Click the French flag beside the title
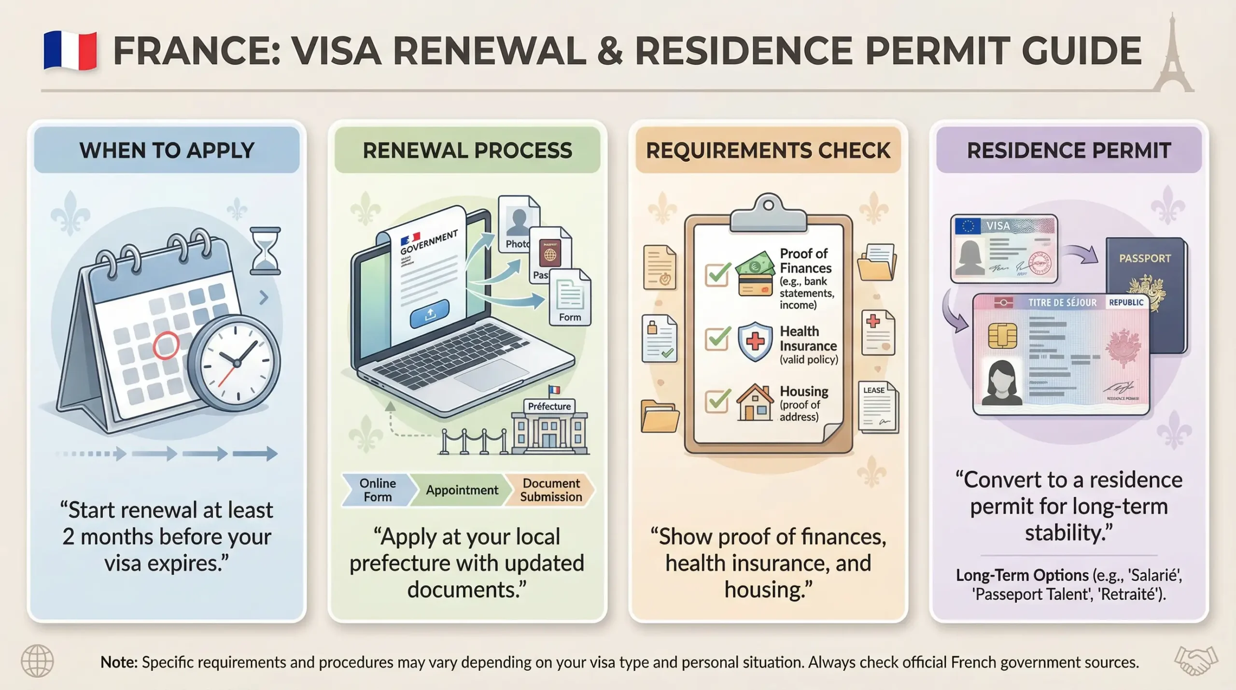pos(70,51)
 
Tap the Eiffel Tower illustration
pos(1172,56)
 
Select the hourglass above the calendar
pos(265,251)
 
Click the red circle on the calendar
pos(166,345)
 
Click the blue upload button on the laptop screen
pos(429,314)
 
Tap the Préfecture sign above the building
pos(549,407)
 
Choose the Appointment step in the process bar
pos(462,490)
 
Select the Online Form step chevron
pos(378,490)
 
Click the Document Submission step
pos(551,490)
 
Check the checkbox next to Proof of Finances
pos(717,274)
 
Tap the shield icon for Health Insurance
pos(755,341)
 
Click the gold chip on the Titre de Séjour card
pos(1002,335)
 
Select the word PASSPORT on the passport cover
pos(1145,258)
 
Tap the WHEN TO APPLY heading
pos(167,151)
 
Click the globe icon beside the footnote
pos(38,661)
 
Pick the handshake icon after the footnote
pos(1196,661)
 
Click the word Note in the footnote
pos(119,662)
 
